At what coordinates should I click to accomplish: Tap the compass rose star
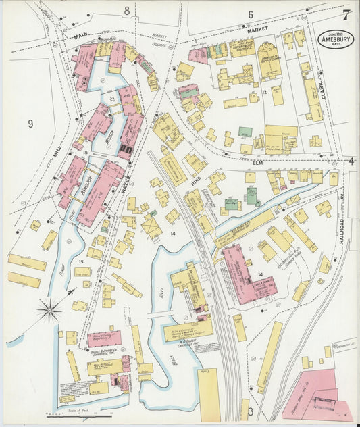click(49, 311)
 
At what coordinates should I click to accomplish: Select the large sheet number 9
click(30, 124)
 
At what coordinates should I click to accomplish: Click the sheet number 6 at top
click(250, 14)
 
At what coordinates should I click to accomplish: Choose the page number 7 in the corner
click(346, 14)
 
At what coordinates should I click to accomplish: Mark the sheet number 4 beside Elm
click(352, 161)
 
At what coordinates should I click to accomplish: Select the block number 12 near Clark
click(265, 92)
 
